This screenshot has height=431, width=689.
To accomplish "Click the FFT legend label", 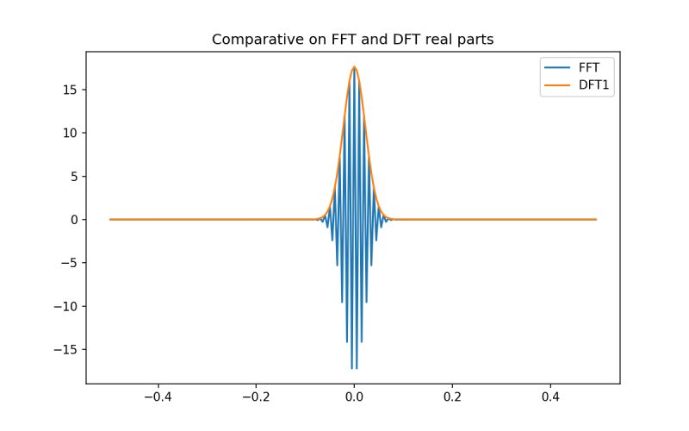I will tap(589, 70).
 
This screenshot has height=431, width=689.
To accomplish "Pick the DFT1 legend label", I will tap(595, 86).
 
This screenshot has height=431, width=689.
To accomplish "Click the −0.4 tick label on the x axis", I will tap(156, 398).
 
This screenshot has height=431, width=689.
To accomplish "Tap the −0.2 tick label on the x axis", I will tap(255, 398).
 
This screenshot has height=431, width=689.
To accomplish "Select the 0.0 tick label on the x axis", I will tap(354, 398).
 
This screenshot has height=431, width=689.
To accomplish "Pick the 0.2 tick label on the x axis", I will tap(452, 398).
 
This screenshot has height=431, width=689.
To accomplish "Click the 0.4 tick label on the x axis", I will tap(551, 398).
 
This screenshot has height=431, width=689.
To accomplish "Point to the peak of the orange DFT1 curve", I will tap(354, 67).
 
